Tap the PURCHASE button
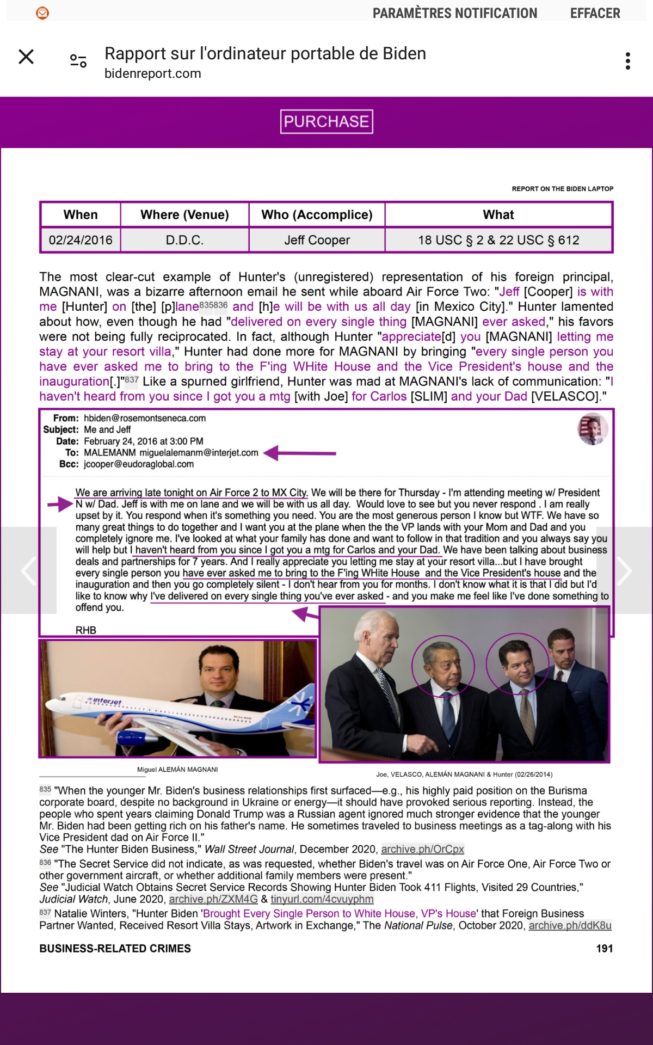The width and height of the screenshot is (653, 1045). point(326,121)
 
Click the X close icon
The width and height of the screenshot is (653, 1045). point(26,57)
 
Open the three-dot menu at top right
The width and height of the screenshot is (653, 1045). point(628,61)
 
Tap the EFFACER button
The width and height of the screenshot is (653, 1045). point(595,13)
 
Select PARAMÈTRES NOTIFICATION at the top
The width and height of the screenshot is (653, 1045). point(454,13)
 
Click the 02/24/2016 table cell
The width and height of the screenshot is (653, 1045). point(81,240)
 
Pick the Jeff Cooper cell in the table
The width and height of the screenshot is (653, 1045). point(317,240)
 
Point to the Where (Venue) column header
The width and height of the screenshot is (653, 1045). point(184,215)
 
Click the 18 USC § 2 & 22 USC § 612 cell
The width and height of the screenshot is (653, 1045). point(498,240)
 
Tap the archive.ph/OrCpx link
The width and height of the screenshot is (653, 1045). point(422,849)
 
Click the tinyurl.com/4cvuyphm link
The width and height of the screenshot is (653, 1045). point(322,899)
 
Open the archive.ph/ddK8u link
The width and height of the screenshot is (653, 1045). point(570,925)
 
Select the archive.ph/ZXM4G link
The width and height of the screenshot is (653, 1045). point(213,899)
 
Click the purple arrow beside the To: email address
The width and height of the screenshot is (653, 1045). point(300,453)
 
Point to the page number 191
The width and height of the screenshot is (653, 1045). point(604,948)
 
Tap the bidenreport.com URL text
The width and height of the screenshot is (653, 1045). point(153,73)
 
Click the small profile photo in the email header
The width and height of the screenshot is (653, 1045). point(592,429)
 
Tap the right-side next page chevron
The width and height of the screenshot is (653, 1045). point(624,570)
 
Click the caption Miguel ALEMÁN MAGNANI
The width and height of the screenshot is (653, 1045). point(177,770)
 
